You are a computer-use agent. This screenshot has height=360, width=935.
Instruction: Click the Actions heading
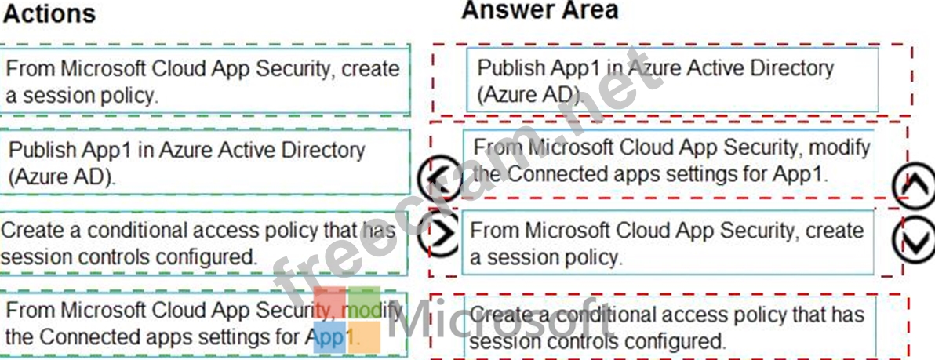click(x=49, y=13)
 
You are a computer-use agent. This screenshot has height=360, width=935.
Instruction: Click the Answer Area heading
click(x=540, y=10)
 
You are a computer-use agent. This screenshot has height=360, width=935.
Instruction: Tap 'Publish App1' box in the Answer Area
click(x=671, y=81)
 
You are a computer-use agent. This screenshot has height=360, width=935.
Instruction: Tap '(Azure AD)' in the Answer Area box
click(x=529, y=96)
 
